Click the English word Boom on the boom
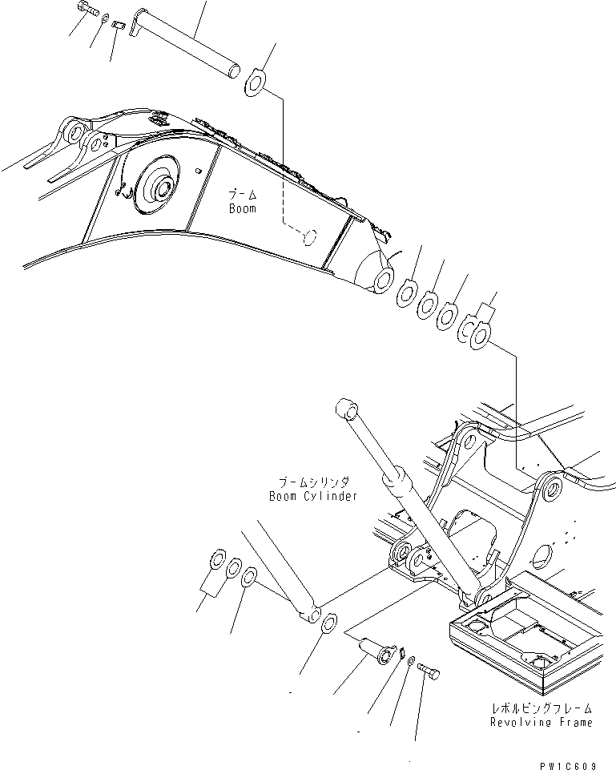[x=241, y=208]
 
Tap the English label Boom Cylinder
[x=313, y=496]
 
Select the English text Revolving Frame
[x=542, y=722]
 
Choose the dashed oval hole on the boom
[x=308, y=236]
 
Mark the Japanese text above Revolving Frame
[x=542, y=709]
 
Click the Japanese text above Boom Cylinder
[x=315, y=482]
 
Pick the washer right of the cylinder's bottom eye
[x=327, y=621]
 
